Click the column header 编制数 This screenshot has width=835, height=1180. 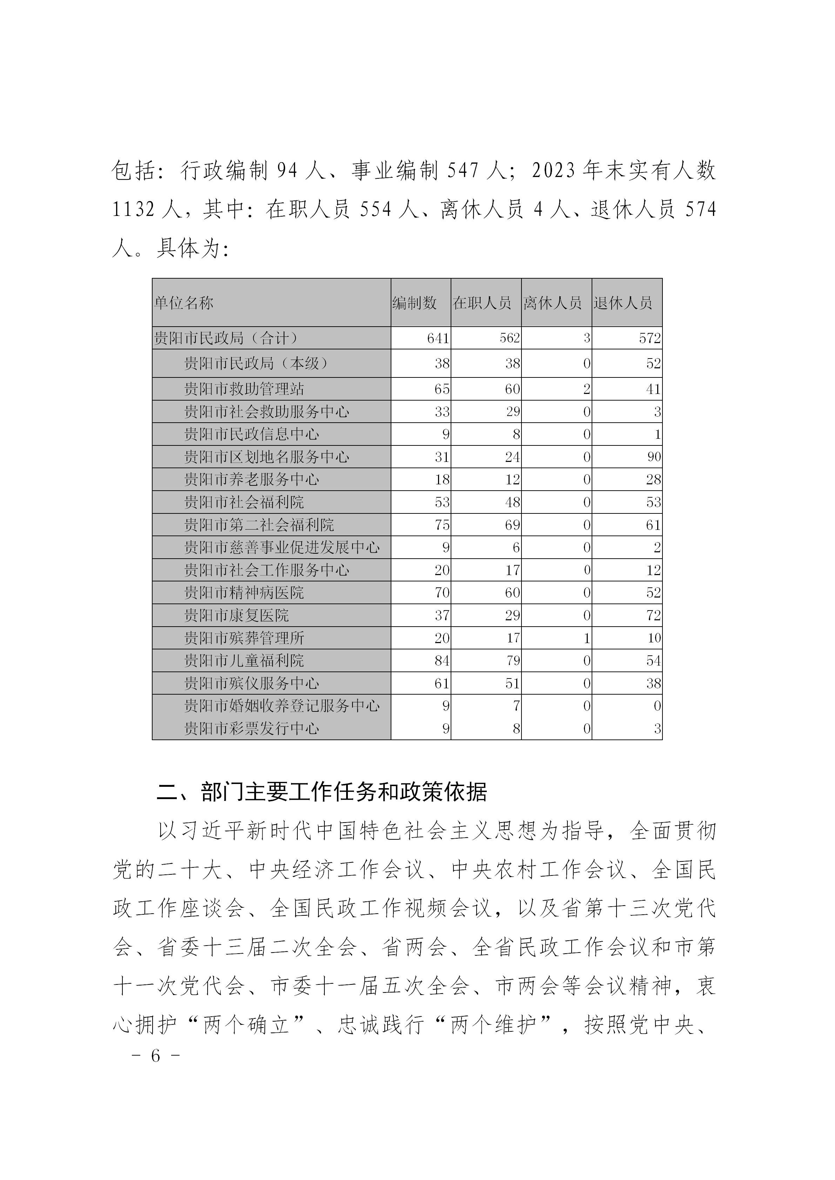(415, 303)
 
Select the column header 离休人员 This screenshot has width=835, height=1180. (552, 303)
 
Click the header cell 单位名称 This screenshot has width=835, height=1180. (184, 303)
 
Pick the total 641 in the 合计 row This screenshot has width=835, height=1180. (438, 338)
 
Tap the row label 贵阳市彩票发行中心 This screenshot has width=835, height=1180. (251, 728)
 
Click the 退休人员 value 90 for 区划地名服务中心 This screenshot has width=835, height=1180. (654, 457)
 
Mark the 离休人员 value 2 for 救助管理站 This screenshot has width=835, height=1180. (587, 389)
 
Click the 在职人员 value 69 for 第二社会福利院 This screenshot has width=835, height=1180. (513, 525)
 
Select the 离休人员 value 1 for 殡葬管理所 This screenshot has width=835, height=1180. (587, 638)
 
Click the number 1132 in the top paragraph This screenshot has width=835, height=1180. (134, 210)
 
